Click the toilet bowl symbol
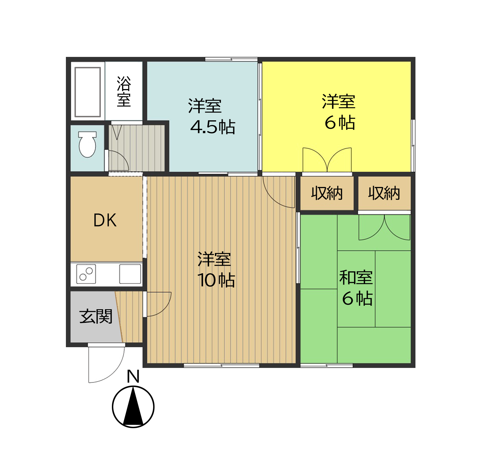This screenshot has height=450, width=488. click(x=87, y=144)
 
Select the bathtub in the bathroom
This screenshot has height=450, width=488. click(x=88, y=92)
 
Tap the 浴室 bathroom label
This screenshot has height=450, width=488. click(x=124, y=92)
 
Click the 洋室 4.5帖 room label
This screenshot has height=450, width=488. click(x=212, y=116)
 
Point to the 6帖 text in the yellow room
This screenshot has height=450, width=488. click(x=340, y=123)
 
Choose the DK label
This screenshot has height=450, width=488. click(x=105, y=220)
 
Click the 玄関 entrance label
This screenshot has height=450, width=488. click(x=96, y=316)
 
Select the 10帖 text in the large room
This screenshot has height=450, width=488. click(x=216, y=280)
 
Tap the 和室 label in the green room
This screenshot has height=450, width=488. click(x=356, y=277)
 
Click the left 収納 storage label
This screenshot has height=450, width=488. click(x=327, y=193)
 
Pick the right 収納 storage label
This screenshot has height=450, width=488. click(x=384, y=193)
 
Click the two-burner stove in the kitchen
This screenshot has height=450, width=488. click(x=86, y=274)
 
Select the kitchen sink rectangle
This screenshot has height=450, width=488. click(x=130, y=274)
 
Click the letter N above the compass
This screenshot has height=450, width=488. click(x=133, y=376)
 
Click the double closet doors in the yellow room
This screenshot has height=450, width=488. click(x=327, y=160)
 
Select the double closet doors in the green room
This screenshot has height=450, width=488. click(x=384, y=228)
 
